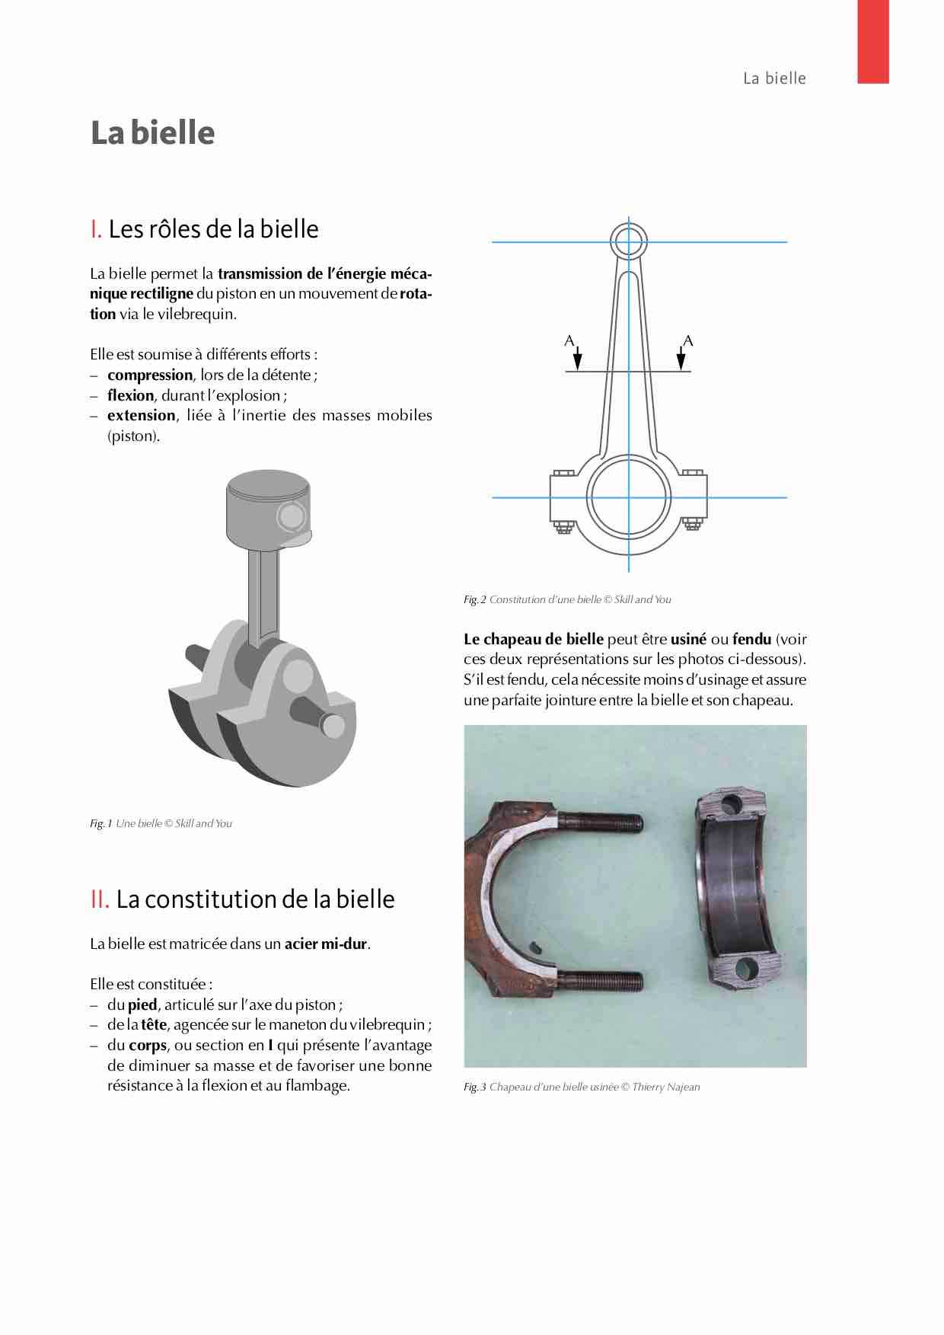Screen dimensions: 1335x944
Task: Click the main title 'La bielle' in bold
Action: coord(152,133)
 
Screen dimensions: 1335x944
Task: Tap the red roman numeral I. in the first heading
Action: coord(96,228)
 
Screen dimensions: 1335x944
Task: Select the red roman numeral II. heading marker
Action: coord(100,899)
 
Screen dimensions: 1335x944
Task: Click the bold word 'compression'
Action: coord(150,375)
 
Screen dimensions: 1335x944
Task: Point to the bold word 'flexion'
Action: coord(130,395)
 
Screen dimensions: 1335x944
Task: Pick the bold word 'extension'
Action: coord(141,416)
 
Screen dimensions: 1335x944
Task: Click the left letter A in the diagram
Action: coord(569,340)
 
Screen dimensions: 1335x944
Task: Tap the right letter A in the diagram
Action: coord(688,340)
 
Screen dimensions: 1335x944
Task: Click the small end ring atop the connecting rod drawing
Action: coord(629,241)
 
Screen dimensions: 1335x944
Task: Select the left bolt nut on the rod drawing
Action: coord(564,525)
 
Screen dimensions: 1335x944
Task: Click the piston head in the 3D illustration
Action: coord(268,503)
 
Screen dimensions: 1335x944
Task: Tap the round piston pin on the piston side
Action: coord(291,516)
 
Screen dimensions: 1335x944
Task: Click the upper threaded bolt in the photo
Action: coord(601,822)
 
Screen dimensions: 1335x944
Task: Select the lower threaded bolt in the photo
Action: coord(601,981)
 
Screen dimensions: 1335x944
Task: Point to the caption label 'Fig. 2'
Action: coord(474,599)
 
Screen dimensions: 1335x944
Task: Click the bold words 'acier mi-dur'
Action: coord(326,944)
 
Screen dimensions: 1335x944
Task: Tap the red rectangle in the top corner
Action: coord(873,41)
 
